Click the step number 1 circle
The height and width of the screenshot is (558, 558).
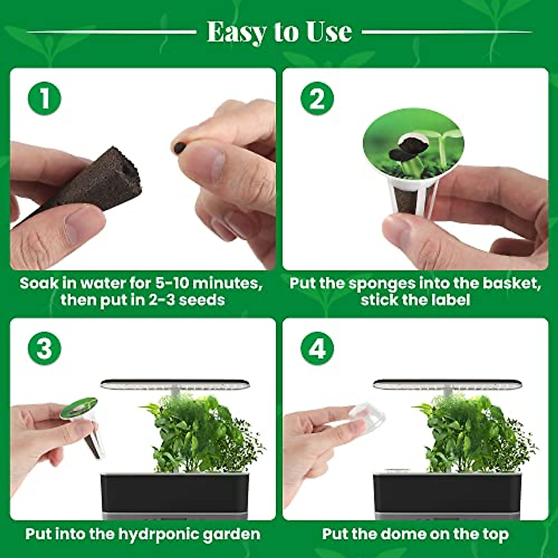click(x=45, y=99)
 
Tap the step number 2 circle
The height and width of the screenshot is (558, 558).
click(x=317, y=99)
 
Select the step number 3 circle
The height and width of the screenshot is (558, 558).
click(x=45, y=348)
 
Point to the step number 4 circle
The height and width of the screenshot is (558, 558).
click(x=317, y=348)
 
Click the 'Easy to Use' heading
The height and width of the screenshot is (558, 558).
click(x=279, y=32)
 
